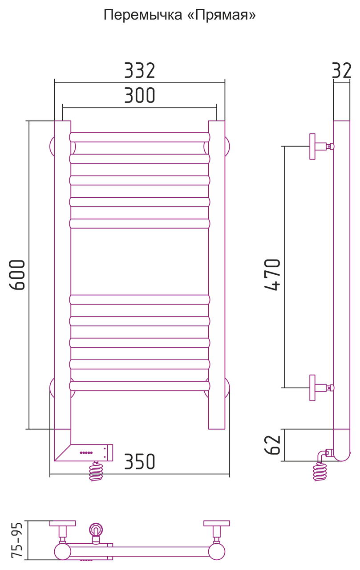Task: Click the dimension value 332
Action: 140,70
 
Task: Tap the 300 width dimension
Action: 140,95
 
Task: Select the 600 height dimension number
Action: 17,275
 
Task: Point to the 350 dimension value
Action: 140,461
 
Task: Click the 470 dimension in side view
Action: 272,275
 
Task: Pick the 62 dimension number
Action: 272,445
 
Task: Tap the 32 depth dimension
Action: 342,70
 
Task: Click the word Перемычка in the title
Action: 143,15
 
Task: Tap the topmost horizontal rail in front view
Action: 140,137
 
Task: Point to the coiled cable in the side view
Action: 320,471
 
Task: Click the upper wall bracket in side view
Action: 321,147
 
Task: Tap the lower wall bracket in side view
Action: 321,388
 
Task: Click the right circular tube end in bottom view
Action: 217,551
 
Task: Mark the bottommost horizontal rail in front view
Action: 140,386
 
